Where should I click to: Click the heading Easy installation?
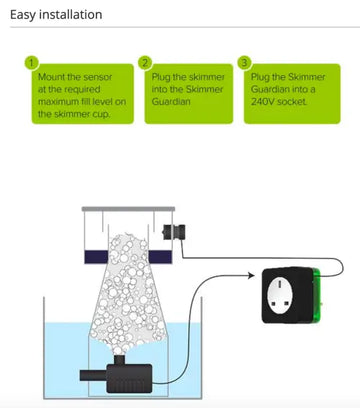click(56, 15)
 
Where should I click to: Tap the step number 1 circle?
click(32, 63)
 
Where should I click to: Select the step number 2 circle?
click(145, 63)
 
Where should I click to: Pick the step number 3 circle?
click(244, 63)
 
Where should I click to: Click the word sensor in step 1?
click(98, 77)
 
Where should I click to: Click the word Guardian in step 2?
click(171, 101)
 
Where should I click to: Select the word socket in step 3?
click(292, 101)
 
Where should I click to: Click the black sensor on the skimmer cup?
click(174, 232)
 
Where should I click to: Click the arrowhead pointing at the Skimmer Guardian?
click(251, 275)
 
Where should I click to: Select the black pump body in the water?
click(129, 378)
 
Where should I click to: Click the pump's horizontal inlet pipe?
click(93, 375)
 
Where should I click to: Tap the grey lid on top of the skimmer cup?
click(128, 209)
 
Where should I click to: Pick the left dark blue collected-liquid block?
click(96, 257)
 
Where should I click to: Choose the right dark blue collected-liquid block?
click(160, 257)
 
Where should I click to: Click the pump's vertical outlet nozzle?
click(119, 360)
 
